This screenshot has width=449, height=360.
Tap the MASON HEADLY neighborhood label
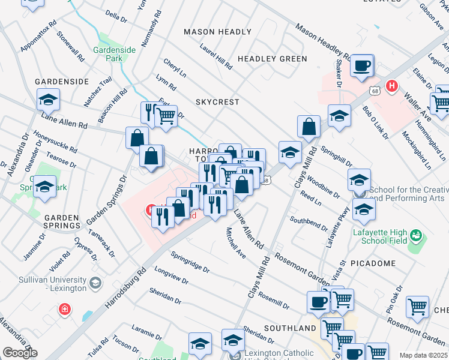click(217, 32)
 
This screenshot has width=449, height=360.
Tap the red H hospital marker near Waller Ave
click(393, 86)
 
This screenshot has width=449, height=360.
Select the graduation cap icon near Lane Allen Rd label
click(49, 99)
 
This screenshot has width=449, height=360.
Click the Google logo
click(19, 353)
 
